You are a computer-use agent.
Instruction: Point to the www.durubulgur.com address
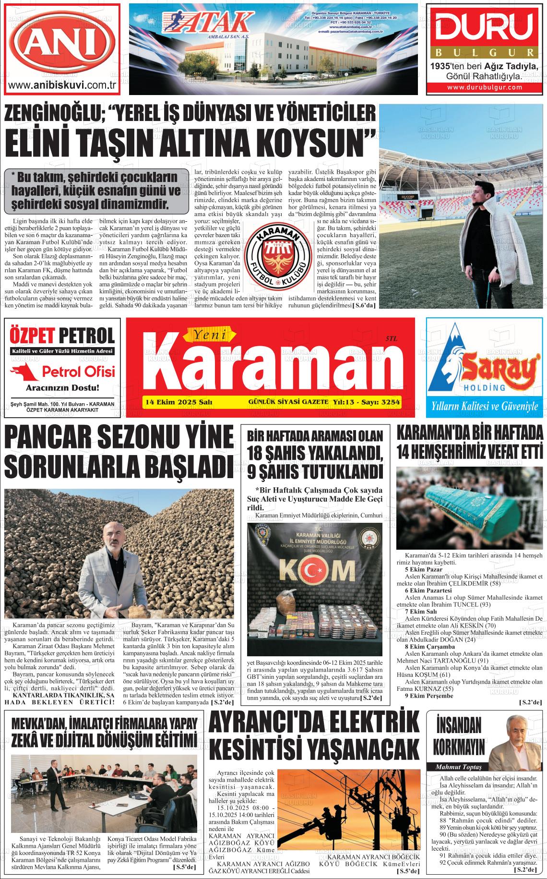(x=485, y=87)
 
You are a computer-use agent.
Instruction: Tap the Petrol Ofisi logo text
(x=78, y=371)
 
